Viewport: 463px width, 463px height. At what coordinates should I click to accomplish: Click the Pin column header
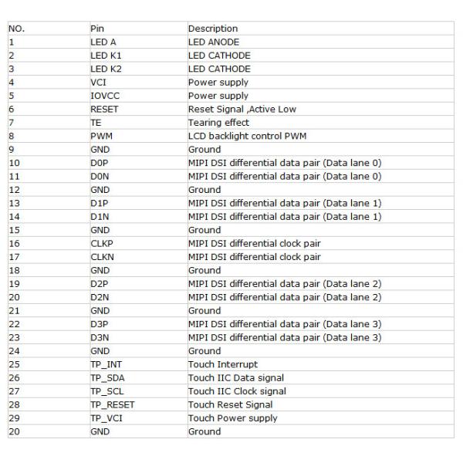(x=96, y=29)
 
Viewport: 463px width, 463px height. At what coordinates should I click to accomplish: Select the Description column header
(x=213, y=29)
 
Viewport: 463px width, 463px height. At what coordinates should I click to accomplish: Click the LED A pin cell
(x=103, y=42)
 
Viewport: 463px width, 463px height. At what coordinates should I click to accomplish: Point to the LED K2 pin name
(x=106, y=69)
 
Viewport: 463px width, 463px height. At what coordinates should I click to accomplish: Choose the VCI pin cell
(x=98, y=82)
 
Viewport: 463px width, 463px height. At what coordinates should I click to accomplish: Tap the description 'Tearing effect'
(x=219, y=123)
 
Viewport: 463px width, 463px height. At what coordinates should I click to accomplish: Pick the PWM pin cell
(x=100, y=136)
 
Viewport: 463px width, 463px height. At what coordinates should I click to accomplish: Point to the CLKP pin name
(x=101, y=243)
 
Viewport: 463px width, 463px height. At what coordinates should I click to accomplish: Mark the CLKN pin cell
(x=101, y=257)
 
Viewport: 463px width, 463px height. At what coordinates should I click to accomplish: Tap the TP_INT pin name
(x=106, y=364)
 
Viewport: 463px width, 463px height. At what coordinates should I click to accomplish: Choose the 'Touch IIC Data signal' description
(x=236, y=377)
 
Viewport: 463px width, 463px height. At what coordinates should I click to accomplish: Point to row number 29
(x=13, y=417)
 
